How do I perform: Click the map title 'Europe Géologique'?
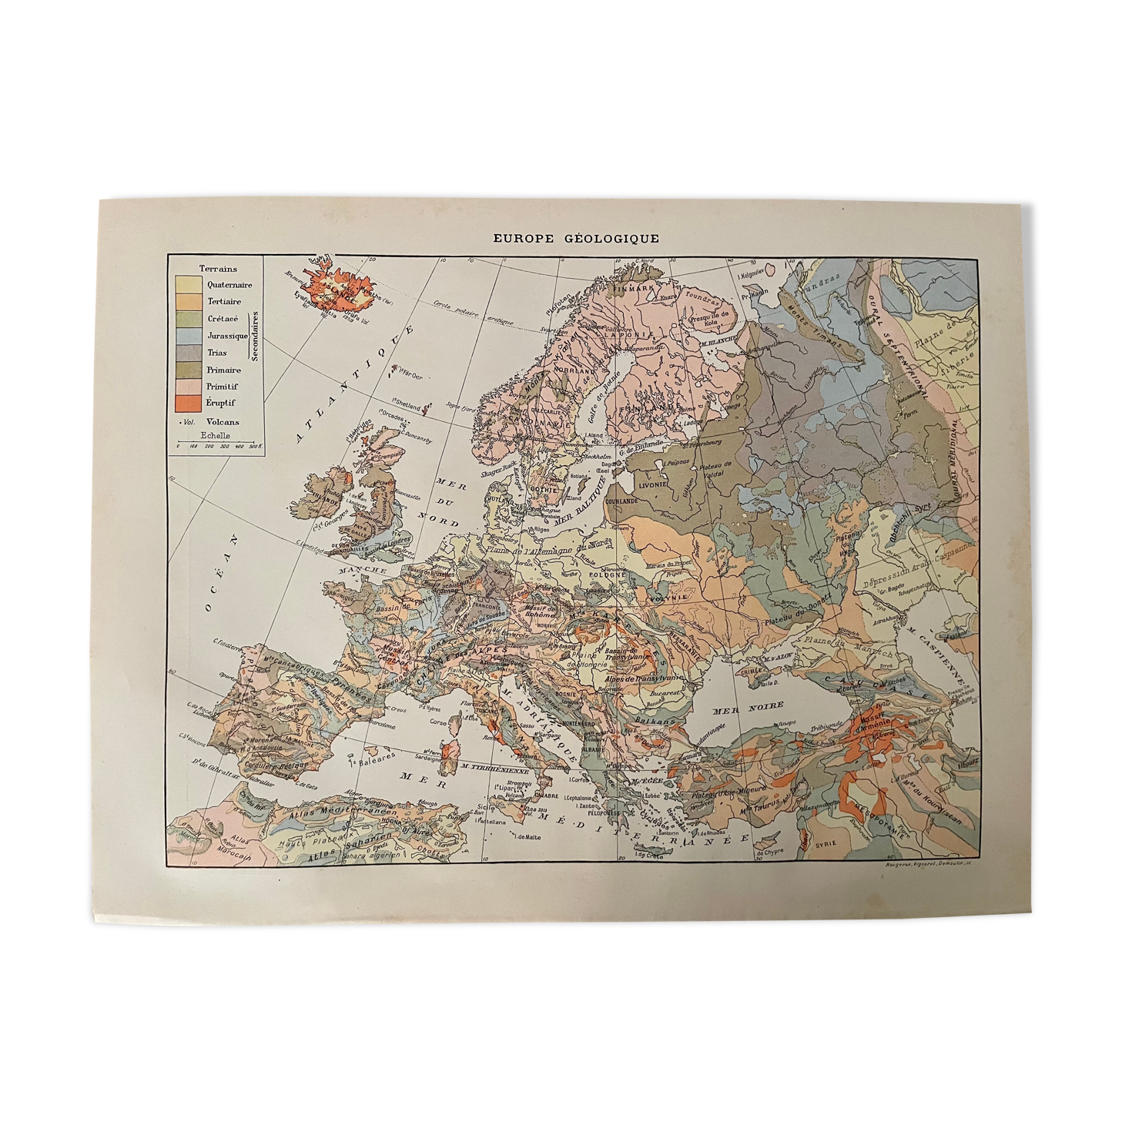[575, 239]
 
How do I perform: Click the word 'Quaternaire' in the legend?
[229, 285]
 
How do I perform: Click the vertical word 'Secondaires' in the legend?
[255, 336]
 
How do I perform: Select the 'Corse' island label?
[438, 722]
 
